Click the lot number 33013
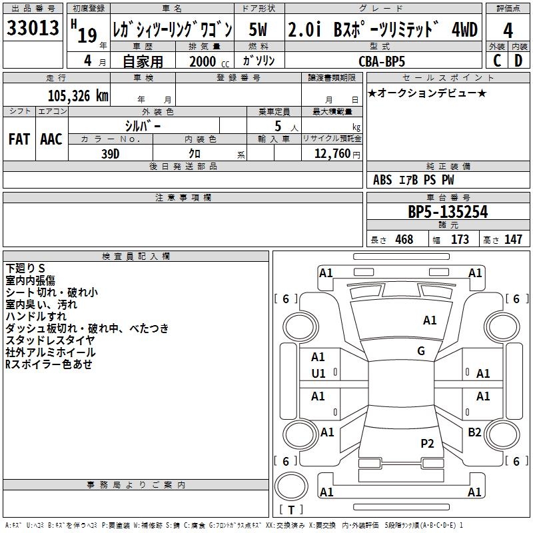coord(33,28)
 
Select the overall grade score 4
coord(508,31)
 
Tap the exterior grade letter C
coord(497,61)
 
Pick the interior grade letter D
coord(518,61)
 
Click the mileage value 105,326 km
coord(78,96)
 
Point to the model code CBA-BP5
coord(382,61)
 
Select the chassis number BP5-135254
coord(448,212)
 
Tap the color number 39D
coord(110,154)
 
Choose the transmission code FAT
coord(19,139)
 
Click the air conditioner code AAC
coord(51,139)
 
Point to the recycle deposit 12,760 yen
coord(337,154)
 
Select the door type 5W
coord(258,29)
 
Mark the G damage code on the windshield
coord(421,351)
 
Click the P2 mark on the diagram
coord(427,444)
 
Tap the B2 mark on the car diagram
coord(474,432)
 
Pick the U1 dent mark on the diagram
coord(318,374)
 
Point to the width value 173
coord(460,239)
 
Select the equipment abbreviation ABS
coord(382,180)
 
